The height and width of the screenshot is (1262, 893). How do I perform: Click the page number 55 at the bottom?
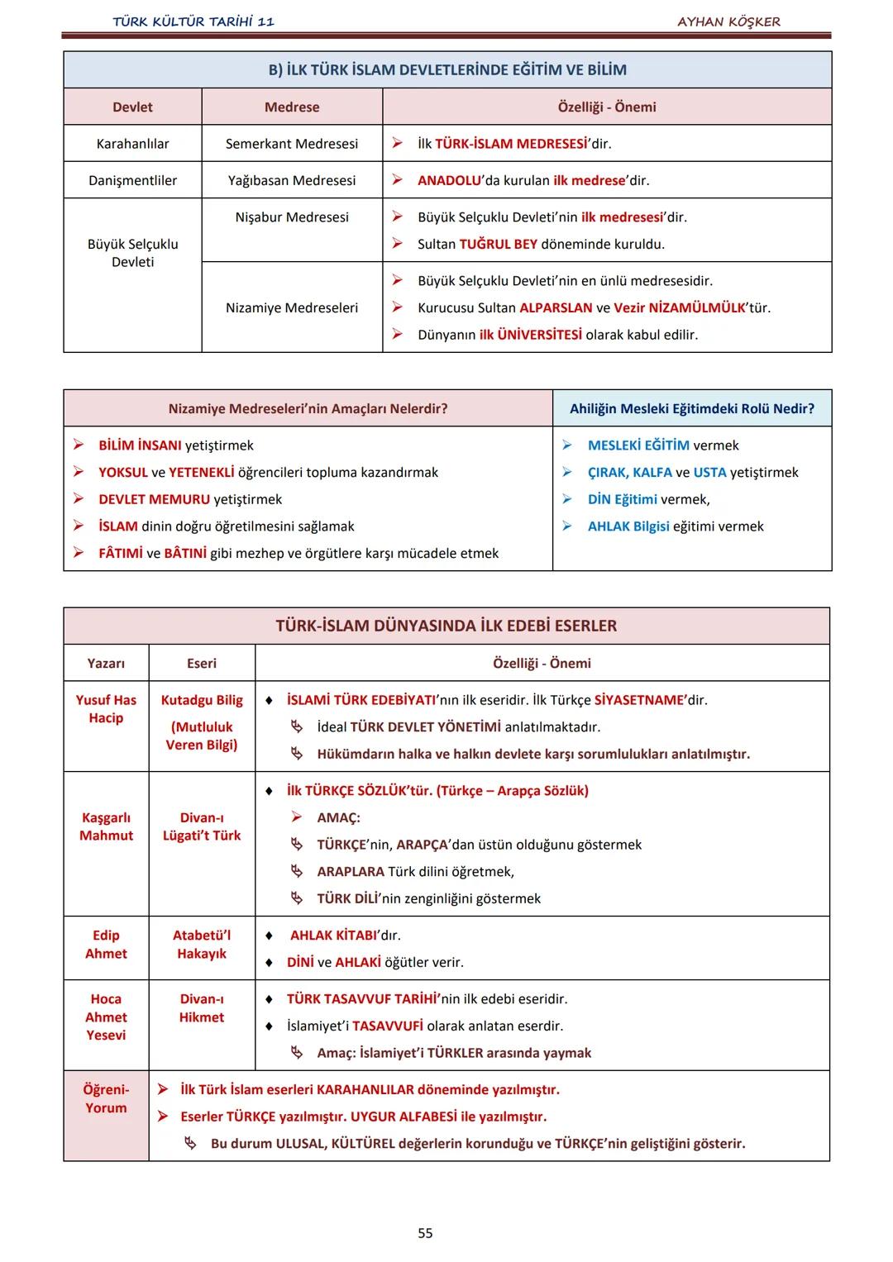click(x=425, y=1233)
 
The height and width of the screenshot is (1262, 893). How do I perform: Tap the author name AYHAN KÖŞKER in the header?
click(x=728, y=21)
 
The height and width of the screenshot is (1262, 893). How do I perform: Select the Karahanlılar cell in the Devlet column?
click(x=132, y=144)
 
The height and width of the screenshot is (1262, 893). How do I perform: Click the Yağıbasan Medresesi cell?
click(x=292, y=180)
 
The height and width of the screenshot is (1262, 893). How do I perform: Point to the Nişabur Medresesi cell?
click(x=292, y=217)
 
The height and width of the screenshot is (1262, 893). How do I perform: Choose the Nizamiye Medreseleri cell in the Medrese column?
click(x=292, y=308)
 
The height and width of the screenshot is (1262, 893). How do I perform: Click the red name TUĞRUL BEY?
click(x=498, y=245)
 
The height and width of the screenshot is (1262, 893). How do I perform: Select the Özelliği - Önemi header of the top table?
click(x=607, y=107)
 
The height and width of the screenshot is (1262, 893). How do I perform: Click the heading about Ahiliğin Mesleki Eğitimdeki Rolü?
click(x=692, y=409)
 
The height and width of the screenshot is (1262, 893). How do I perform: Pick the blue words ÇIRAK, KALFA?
click(x=629, y=473)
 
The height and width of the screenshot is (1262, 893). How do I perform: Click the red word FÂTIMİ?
click(x=121, y=554)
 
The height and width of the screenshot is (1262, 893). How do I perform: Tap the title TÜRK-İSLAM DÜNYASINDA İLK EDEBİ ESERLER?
click(x=446, y=626)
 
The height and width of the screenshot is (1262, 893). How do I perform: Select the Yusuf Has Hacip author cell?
click(x=106, y=709)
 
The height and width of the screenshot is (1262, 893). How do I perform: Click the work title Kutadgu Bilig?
click(x=202, y=701)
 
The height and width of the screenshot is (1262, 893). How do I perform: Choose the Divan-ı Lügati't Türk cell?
click(x=202, y=826)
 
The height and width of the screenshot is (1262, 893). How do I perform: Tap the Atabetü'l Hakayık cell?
click(x=202, y=945)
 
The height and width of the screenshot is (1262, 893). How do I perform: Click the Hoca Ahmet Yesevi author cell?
click(x=106, y=1017)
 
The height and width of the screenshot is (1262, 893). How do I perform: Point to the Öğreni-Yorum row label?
click(x=106, y=1099)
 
